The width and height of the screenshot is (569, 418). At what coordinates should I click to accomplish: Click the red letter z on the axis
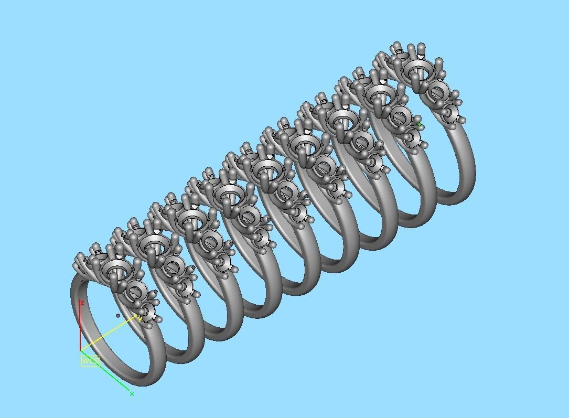pyautogui.click(x=82, y=303)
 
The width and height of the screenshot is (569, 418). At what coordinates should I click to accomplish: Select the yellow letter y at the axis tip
pyautogui.click(x=140, y=319)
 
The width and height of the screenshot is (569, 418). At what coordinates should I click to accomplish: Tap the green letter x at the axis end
pyautogui.click(x=132, y=394)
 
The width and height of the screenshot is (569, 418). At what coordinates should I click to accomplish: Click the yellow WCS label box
pyautogui.click(x=90, y=361)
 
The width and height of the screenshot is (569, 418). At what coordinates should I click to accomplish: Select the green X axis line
pyautogui.click(x=108, y=373)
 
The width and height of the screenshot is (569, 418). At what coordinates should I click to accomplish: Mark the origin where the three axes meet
pyautogui.click(x=80, y=350)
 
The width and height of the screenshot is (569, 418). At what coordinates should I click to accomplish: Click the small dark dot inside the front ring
pyautogui.click(x=117, y=316)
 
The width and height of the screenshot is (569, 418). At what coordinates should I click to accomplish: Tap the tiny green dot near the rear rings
pyautogui.click(x=420, y=125)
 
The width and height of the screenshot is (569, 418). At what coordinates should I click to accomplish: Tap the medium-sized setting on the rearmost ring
pyautogui.click(x=435, y=92)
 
